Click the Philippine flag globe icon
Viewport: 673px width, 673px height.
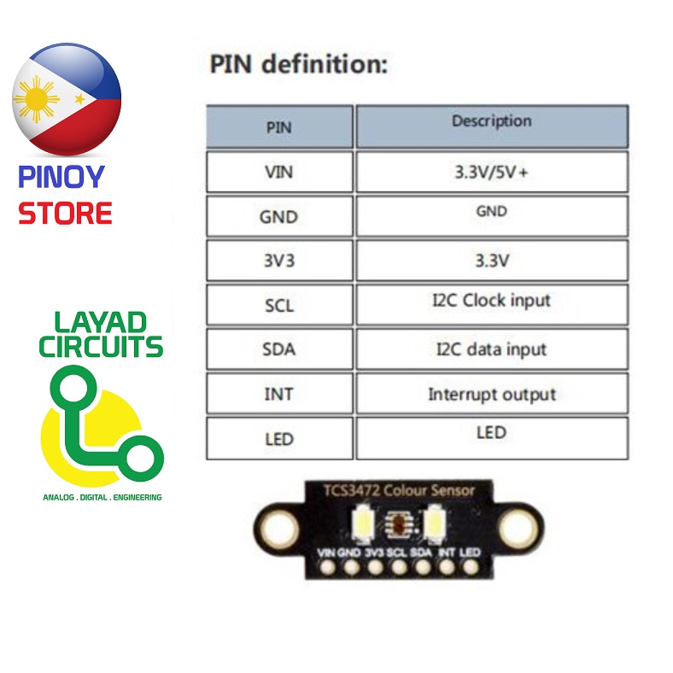tap(67, 99)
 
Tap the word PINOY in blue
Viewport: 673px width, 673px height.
tap(61, 178)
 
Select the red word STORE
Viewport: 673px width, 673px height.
tap(65, 213)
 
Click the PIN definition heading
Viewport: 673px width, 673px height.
tap(298, 64)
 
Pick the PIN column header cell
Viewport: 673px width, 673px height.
tap(279, 127)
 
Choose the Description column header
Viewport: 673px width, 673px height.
tap(491, 126)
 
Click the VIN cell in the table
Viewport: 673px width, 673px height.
tap(279, 172)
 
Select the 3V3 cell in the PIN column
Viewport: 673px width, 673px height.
tap(279, 260)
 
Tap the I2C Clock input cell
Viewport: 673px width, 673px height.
tap(491, 303)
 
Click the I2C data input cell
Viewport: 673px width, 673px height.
tap(491, 348)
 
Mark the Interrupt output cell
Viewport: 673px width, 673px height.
tap(491, 394)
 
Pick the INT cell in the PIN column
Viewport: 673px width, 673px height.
tap(279, 395)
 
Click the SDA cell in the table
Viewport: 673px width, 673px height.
tap(279, 349)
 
